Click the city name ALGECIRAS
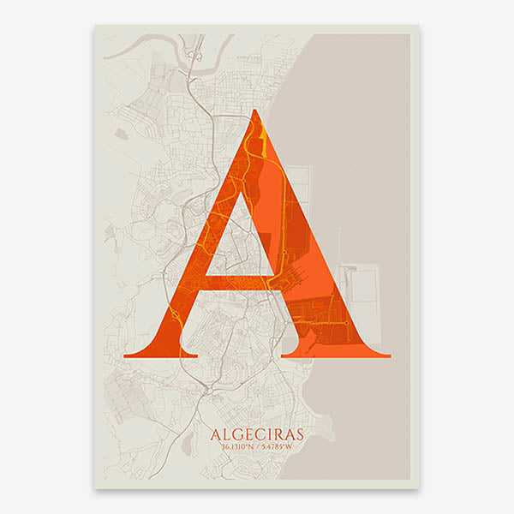(255, 433)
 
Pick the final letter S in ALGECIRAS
(297, 433)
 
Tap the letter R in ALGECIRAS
(277, 433)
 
